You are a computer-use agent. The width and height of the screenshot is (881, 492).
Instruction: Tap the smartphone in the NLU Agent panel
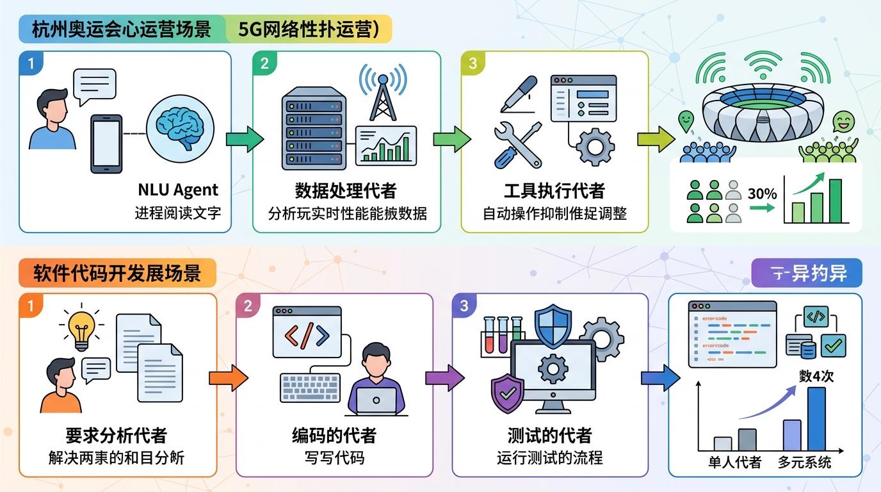[106, 143]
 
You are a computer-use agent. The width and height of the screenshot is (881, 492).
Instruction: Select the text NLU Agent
[178, 190]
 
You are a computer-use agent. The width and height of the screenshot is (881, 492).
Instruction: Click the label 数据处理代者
[345, 190]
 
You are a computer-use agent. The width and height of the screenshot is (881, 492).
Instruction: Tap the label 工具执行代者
[554, 190]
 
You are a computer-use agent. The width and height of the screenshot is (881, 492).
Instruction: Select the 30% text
[762, 193]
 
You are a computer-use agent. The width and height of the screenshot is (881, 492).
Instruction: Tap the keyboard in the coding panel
[311, 387]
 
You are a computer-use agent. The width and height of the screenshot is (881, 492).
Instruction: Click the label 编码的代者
[334, 436]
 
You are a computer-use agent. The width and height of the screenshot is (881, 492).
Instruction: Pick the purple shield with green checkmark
[507, 393]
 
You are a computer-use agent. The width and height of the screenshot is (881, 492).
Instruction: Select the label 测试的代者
[549, 436]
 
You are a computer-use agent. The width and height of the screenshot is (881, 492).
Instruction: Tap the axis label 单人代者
[734, 462]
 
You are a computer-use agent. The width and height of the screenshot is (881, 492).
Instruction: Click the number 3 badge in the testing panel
[464, 306]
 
